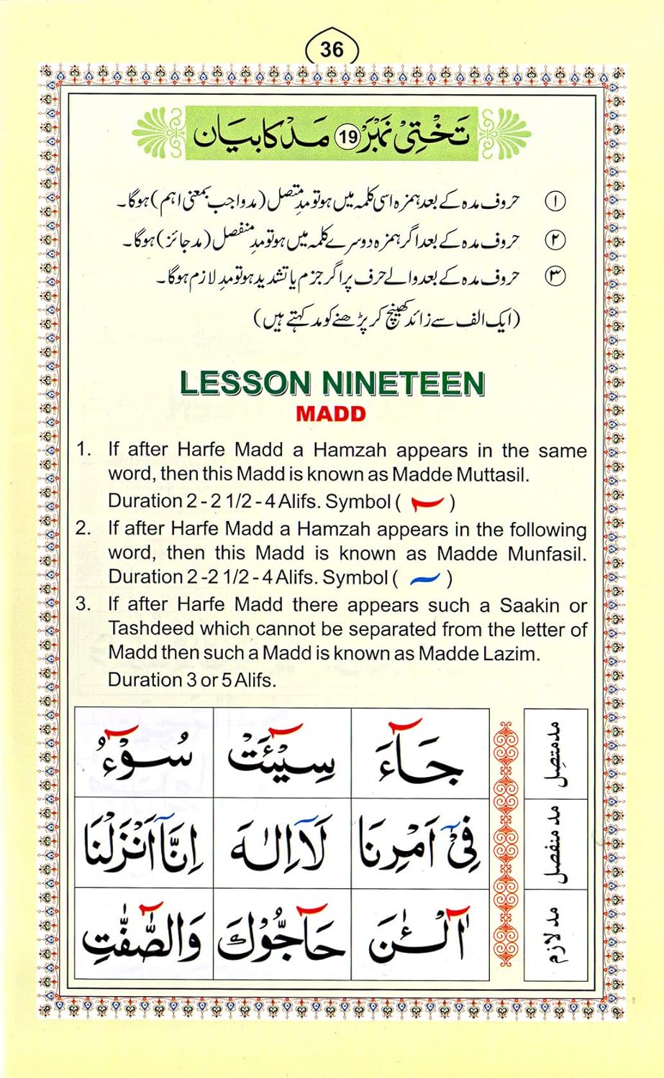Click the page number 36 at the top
pyautogui.click(x=332, y=49)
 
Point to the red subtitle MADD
pyautogui.click(x=331, y=414)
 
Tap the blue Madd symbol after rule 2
pyautogui.click(x=424, y=577)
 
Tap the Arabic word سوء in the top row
pyautogui.click(x=144, y=755)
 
